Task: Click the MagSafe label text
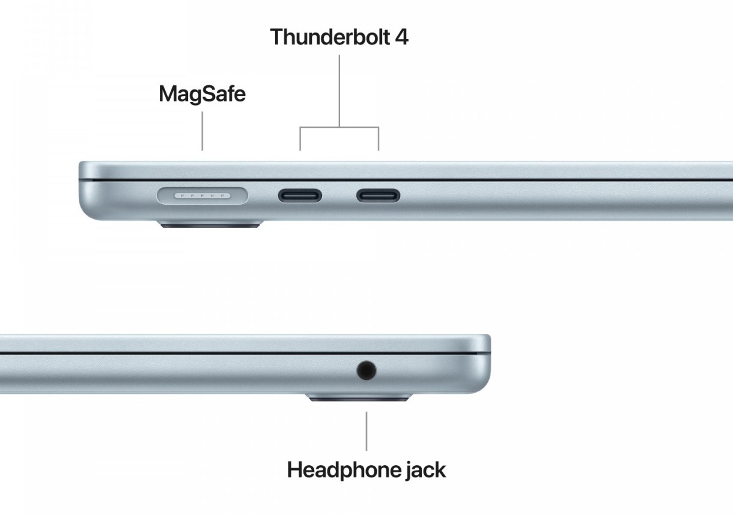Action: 202,94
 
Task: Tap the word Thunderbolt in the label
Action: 330,37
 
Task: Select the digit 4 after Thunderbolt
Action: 402,37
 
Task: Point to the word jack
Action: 425,471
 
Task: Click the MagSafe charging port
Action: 202,196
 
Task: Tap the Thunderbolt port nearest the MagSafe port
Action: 300,196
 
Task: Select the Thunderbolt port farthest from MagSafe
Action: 379,196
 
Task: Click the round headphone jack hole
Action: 366,370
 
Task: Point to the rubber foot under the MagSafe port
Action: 210,224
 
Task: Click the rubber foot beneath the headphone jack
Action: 359,397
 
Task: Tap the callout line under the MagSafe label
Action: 202,131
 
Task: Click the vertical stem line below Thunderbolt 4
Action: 339,91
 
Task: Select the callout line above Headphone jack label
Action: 366,432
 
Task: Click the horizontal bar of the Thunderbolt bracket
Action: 339,127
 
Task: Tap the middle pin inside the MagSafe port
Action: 202,196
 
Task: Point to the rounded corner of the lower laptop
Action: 484,385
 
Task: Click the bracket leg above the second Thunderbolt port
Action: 379,139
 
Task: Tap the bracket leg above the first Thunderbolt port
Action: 300,139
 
